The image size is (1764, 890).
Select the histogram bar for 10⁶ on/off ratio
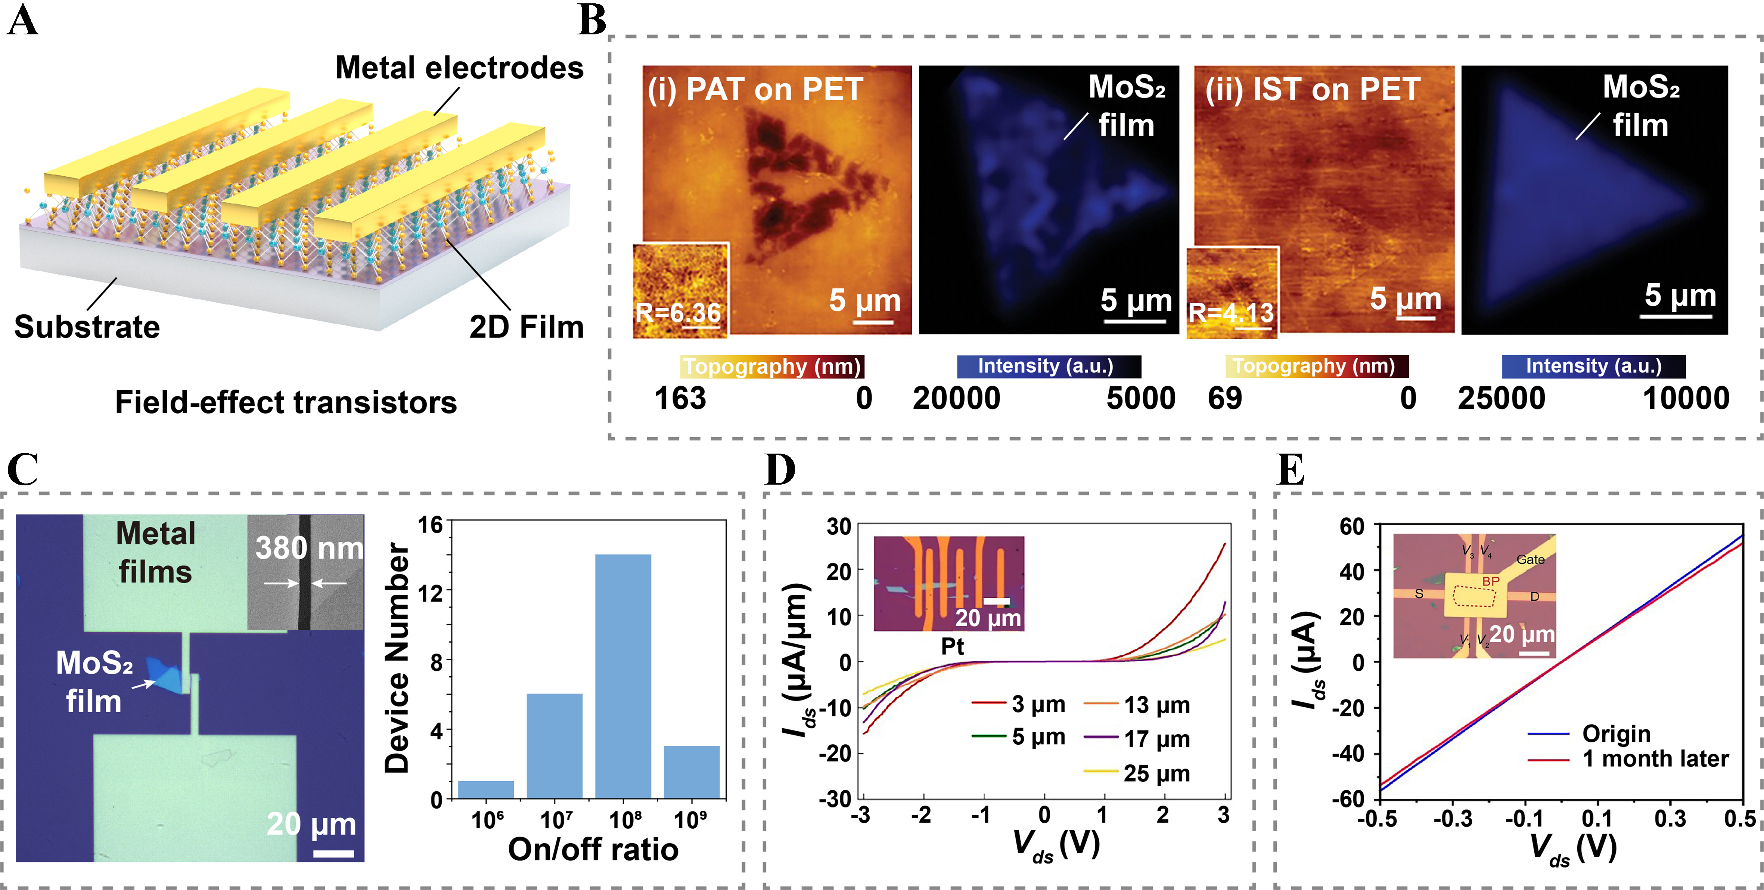pos(485,789)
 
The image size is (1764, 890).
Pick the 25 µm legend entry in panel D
pos(1156,773)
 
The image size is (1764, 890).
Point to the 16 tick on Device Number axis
pos(431,525)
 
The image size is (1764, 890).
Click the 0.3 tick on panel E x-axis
pos(1670,818)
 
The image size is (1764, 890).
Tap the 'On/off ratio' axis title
pos(593,850)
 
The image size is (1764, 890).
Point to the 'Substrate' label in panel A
pos(87,327)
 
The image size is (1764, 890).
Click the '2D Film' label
pos(526,327)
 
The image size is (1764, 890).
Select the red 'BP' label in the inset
pos(1491,581)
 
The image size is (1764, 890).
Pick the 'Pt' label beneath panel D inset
pos(952,645)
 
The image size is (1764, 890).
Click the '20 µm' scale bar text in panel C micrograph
pos(311,823)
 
